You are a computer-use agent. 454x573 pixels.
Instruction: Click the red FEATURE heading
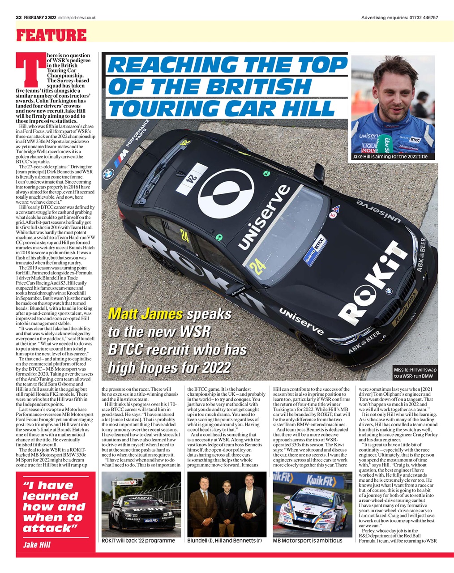[51, 35]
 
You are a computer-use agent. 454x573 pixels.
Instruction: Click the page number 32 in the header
[19, 17]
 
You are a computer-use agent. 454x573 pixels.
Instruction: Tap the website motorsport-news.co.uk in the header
[77, 17]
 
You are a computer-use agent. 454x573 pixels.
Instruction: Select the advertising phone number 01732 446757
[423, 17]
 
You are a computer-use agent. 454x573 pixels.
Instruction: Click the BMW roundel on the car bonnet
[389, 291]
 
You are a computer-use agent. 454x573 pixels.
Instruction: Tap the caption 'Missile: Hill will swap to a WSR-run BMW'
[415, 373]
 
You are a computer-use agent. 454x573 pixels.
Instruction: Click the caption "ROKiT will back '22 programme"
[138, 540]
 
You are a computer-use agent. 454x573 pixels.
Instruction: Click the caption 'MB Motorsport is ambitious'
[308, 540]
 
